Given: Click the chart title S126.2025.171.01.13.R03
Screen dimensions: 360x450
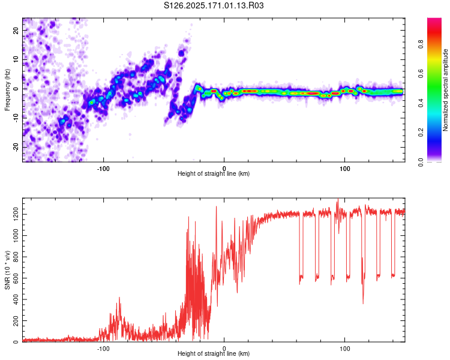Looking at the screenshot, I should pos(214,5).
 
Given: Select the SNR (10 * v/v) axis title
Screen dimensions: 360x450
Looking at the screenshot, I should pos(7,271).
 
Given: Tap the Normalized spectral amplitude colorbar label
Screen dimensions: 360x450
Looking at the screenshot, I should pos(446,91).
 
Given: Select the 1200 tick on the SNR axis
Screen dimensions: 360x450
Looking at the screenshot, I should pos(13,214).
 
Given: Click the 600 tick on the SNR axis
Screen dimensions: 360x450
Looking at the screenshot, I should pos(15,278).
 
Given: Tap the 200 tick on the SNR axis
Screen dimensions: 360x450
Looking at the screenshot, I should pos(15,321).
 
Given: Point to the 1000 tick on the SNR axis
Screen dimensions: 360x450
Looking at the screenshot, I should pos(13,236).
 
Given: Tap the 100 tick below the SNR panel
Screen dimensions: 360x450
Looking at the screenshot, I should pos(345,347).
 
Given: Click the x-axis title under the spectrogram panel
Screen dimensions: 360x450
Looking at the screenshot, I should pos(214,174).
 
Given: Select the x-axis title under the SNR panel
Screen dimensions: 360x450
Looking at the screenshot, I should pos(214,354).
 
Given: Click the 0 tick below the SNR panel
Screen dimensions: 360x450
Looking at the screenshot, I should pos(224,347).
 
